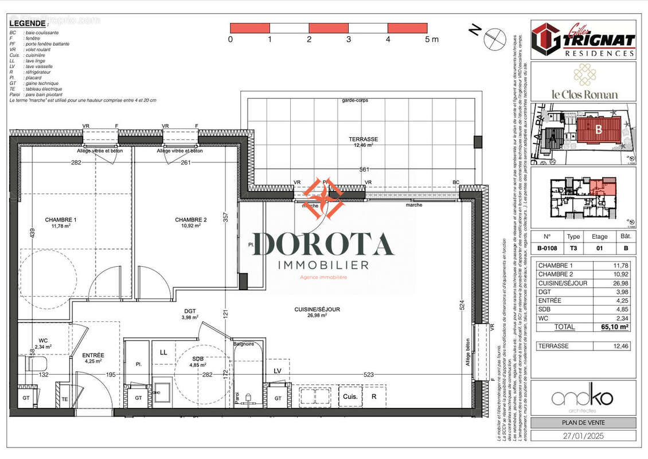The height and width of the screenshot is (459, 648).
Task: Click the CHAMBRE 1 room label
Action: pos(61,220)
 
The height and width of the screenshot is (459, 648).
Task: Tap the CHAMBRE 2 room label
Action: pos(191,220)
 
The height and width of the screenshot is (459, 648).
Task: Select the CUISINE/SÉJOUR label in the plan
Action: pos(317,309)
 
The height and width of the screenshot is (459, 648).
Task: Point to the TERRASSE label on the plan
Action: pos(364,139)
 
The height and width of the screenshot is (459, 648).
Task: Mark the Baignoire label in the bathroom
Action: pos(244,344)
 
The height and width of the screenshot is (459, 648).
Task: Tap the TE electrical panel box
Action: pos(64,398)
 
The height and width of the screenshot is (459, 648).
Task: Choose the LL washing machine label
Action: pos(163,352)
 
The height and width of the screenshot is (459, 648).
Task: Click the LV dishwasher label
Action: pos(278,371)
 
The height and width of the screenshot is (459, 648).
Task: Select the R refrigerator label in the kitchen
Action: pos(374,396)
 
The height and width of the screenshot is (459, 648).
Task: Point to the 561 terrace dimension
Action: pos(364,169)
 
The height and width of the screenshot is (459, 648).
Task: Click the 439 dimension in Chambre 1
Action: pos(17,234)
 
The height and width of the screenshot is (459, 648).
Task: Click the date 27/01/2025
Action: pos(583,435)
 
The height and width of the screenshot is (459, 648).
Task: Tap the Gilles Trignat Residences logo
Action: pos(583,40)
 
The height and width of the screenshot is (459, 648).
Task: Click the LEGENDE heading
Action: pos(28,23)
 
